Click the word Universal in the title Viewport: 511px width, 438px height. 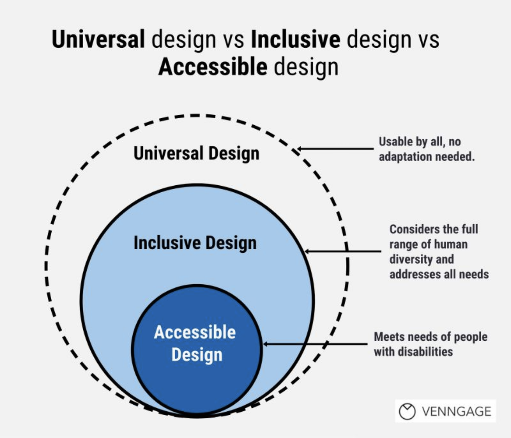click(98, 40)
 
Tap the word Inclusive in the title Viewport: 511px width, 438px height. click(295, 40)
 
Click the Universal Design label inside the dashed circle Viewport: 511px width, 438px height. click(196, 154)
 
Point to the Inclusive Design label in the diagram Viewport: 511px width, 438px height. click(195, 243)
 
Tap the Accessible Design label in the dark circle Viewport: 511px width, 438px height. click(195, 343)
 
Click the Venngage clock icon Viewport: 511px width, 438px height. click(407, 411)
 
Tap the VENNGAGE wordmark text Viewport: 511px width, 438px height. click(456, 412)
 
